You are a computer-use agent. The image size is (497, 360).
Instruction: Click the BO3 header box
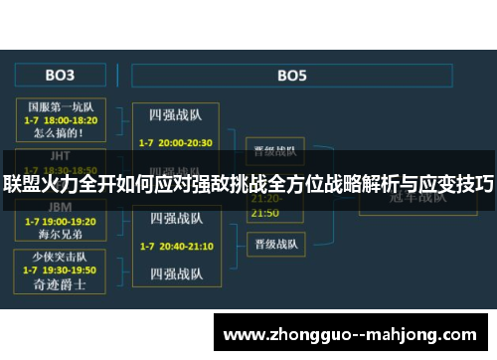tap(59, 75)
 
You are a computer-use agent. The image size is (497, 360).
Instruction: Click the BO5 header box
tap(291, 75)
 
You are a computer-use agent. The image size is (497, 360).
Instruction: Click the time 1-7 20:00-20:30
tap(177, 142)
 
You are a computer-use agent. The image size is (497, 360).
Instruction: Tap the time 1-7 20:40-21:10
tap(177, 245)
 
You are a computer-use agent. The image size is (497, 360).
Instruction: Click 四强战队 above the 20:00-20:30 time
tap(177, 114)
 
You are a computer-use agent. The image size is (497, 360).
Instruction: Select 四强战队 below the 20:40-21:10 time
tap(177, 271)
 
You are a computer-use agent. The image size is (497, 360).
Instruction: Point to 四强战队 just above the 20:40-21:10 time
tap(177, 219)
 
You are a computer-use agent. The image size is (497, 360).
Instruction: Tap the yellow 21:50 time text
tap(264, 213)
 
